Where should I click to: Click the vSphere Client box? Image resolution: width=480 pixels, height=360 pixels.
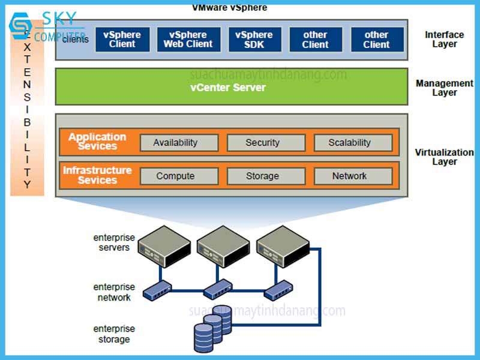pos(122,40)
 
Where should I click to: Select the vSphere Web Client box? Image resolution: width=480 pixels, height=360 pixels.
pos(188,40)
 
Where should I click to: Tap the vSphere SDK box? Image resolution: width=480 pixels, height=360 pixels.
pos(254,40)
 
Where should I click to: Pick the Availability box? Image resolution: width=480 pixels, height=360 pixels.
pos(175,143)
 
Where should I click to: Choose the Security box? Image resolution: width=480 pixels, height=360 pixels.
pos(262,143)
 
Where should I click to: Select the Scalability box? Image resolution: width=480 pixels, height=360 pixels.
pos(350,143)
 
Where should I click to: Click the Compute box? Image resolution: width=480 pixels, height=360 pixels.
pos(175,176)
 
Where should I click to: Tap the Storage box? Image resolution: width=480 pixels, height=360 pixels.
pos(262,176)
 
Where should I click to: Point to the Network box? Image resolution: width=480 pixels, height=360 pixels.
pos(350,176)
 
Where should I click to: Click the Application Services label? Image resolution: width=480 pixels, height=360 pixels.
pos(97,142)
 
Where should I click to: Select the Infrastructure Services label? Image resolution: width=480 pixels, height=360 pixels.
pos(97,175)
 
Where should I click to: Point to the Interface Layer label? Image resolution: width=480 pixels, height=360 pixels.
pos(445,40)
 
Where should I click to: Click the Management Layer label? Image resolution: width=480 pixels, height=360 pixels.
pos(445,88)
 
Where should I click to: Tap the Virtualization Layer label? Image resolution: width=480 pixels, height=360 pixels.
pos(445,157)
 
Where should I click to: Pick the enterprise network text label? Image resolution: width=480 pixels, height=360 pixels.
pos(114,292)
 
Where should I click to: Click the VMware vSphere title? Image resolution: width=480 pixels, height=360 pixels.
pos(230,8)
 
